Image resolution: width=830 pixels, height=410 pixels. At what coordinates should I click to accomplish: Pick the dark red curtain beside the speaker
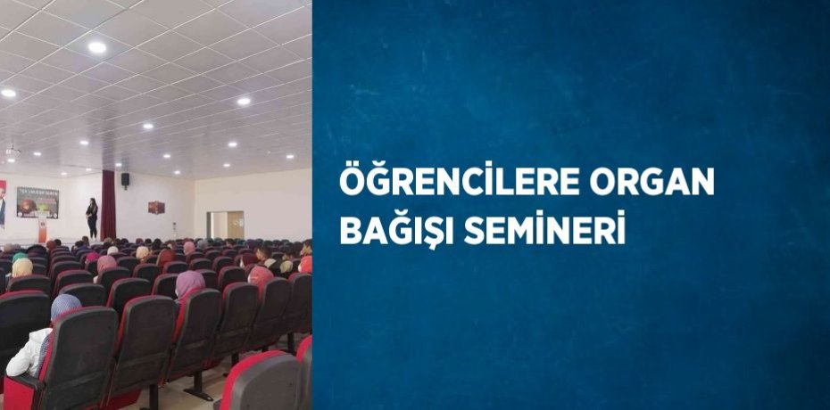coord(108,204)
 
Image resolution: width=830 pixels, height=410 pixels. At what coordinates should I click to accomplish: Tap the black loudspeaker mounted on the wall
coord(125,179)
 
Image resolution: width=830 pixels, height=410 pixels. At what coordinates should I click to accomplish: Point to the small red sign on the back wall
coord(156,207)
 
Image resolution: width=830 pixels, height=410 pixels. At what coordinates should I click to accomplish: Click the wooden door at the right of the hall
coord(235,224)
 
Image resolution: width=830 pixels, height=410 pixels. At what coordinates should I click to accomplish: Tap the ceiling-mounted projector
coord(12,152)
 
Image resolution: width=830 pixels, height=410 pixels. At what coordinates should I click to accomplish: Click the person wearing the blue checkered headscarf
coord(63,307)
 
